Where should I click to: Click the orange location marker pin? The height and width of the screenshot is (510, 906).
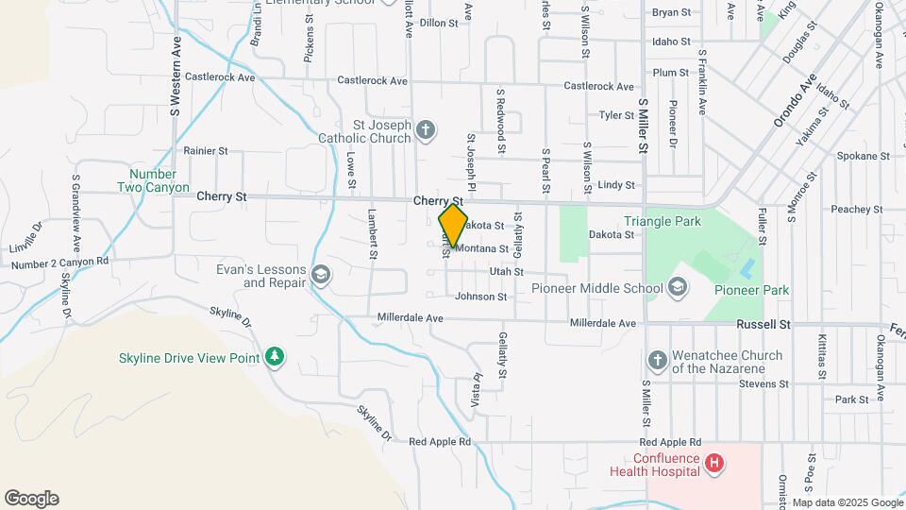click(x=453, y=226)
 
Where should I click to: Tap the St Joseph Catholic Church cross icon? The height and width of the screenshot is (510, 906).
click(x=426, y=130)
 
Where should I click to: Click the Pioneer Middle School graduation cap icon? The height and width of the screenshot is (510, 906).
click(x=677, y=286)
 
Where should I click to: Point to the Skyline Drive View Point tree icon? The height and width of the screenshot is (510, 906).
click(x=275, y=357)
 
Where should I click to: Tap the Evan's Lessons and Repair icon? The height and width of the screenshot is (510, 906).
click(x=320, y=275)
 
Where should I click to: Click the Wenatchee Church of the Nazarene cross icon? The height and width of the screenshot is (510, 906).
click(x=658, y=361)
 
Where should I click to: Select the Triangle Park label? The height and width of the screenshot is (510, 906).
click(x=663, y=222)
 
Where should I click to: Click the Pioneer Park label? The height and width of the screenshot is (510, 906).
click(x=751, y=290)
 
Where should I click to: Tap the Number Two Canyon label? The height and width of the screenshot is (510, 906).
click(x=153, y=180)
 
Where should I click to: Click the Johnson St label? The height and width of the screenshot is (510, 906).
click(x=481, y=297)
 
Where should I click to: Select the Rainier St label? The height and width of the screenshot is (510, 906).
click(x=206, y=150)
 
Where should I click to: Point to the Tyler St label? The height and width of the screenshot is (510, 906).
click(x=616, y=115)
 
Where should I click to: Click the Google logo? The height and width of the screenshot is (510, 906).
click(x=31, y=499)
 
